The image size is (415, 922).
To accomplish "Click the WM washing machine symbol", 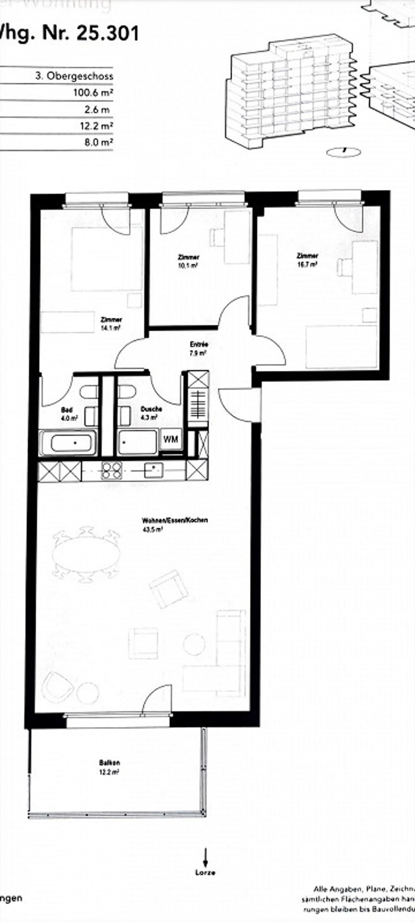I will (171, 439).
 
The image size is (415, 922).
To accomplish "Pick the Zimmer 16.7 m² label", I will (307, 260).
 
